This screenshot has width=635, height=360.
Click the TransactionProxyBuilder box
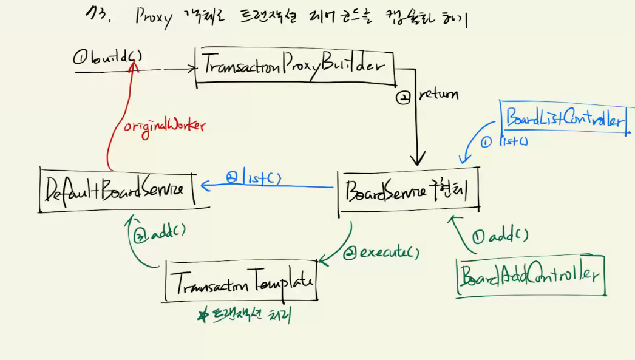point(294,66)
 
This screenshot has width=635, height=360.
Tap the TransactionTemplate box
point(240,280)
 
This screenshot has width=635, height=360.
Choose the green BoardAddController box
point(530,276)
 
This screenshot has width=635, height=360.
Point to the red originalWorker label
point(165,126)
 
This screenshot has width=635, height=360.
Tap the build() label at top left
point(108,58)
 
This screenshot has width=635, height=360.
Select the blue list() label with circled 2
point(254,178)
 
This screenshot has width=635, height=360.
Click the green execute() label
point(381,251)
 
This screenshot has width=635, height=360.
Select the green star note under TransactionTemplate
point(249,315)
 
